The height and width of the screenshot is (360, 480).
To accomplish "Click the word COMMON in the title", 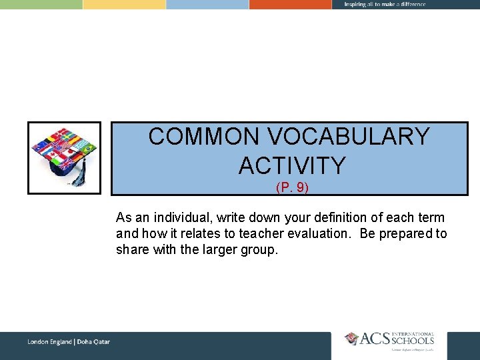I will (204, 137).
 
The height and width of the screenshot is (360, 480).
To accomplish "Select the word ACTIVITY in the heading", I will (292, 165).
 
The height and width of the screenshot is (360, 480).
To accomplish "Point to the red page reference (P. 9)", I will (292, 188).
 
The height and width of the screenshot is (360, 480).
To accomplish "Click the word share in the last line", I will (132, 250).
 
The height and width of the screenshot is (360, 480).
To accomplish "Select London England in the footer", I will (50, 342).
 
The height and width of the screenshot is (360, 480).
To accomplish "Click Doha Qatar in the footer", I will (94, 342).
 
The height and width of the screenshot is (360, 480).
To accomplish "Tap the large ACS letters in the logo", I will (378, 340).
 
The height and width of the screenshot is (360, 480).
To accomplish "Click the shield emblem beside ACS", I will (351, 339).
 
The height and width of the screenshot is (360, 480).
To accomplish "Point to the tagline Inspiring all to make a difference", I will (385, 5).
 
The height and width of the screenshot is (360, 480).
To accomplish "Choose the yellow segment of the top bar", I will (124, 4).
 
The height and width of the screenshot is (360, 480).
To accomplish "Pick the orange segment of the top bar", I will (290, 4).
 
